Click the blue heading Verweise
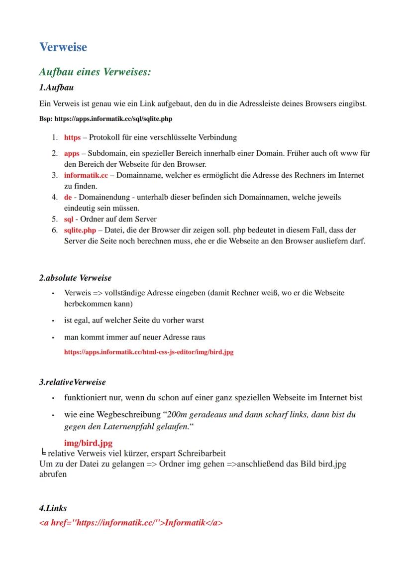(x=63, y=47)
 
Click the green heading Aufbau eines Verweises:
(x=95, y=72)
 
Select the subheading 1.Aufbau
(x=56, y=88)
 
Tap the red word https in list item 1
(x=72, y=137)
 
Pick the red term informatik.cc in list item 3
(x=86, y=175)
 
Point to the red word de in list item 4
(x=68, y=197)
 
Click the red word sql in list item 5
(x=69, y=219)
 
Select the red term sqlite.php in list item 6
(x=80, y=230)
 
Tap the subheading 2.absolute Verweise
(x=75, y=278)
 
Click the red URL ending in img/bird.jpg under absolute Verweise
(x=149, y=352)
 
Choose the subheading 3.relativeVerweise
(x=72, y=382)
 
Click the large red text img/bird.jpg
(x=88, y=443)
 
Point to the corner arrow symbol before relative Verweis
(x=43, y=453)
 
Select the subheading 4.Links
(x=53, y=508)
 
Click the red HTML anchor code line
(x=131, y=523)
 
